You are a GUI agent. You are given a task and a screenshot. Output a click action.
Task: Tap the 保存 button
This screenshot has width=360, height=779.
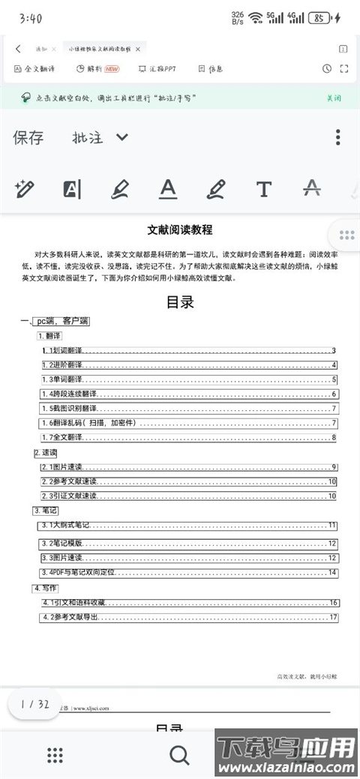click(x=28, y=137)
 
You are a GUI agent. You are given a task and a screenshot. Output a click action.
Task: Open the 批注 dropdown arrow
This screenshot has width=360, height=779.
click(x=122, y=137)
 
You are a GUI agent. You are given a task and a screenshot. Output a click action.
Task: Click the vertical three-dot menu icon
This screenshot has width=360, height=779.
click(x=338, y=137)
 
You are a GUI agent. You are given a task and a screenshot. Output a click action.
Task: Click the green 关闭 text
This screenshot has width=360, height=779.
click(x=334, y=97)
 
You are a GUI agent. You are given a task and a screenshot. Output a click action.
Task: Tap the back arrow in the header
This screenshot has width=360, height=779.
click(x=18, y=48)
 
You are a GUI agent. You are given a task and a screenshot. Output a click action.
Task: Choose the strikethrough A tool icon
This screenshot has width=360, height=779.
click(x=311, y=189)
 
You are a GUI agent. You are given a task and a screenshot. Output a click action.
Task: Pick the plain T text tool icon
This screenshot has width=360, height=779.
click(x=263, y=189)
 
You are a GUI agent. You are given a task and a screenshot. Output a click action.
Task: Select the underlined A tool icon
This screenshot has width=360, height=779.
click(x=168, y=189)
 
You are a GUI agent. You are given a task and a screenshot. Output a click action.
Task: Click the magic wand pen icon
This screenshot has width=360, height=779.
click(x=25, y=189)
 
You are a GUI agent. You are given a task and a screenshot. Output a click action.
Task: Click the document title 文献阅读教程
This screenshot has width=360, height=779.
click(x=179, y=230)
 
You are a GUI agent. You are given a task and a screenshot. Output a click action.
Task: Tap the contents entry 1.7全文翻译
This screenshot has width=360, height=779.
click(x=63, y=438)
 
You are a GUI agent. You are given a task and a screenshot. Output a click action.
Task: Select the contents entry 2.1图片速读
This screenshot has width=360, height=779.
click(x=62, y=467)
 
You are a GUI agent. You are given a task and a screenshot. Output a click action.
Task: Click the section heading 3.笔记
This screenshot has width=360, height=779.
click(x=46, y=511)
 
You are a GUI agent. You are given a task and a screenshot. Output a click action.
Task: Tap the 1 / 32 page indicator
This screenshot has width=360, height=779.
click(x=35, y=704)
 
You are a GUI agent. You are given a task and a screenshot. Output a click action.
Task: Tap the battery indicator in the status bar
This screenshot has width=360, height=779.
click(x=320, y=17)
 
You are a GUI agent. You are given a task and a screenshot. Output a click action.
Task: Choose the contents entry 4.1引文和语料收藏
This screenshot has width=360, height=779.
click(x=74, y=603)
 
